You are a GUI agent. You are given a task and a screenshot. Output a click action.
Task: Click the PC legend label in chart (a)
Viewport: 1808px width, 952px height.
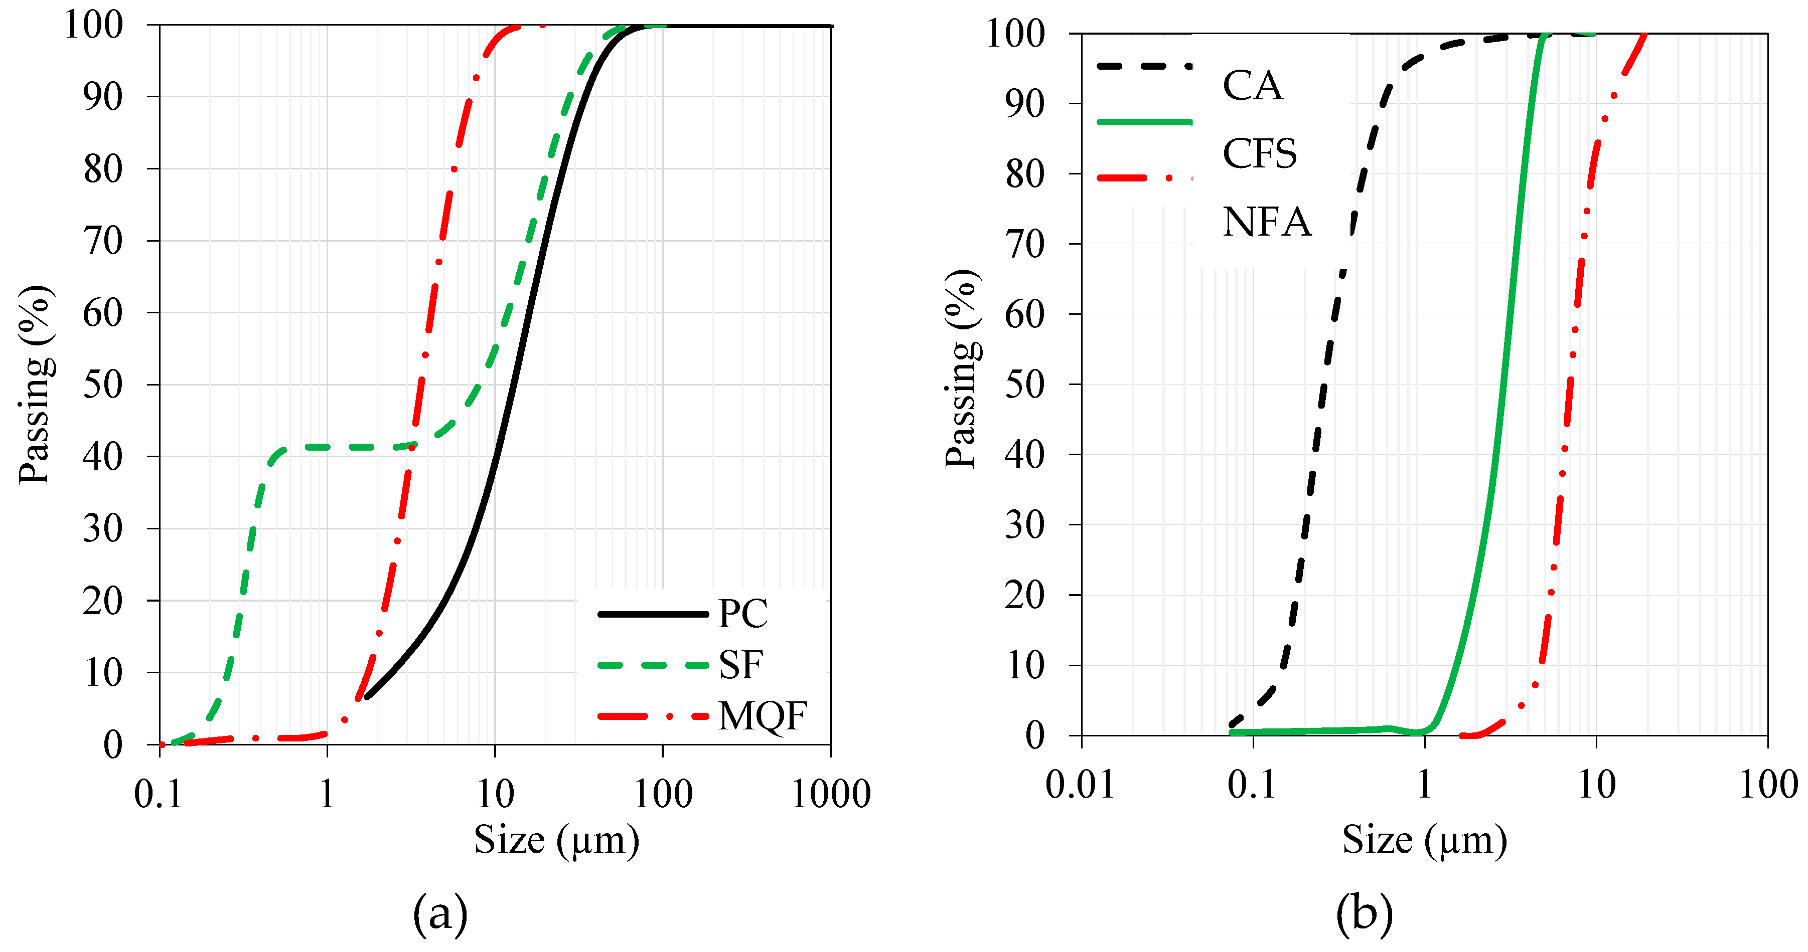742,614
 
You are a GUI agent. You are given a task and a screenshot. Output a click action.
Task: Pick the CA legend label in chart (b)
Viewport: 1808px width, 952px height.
1252,86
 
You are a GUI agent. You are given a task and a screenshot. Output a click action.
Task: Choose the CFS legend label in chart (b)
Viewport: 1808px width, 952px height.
1259,153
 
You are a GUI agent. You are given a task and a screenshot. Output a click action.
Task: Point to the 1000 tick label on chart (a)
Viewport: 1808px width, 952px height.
831,794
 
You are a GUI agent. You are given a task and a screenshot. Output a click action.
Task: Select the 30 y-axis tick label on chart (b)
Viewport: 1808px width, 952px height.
1025,525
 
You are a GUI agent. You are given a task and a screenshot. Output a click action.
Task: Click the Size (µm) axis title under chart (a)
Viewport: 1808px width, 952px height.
556,840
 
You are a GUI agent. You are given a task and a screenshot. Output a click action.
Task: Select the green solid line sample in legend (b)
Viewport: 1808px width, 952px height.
1144,122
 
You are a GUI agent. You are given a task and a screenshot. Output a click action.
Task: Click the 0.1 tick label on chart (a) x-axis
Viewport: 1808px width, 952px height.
158,794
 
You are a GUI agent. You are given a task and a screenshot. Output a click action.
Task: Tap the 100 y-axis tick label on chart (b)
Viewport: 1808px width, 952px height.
1015,34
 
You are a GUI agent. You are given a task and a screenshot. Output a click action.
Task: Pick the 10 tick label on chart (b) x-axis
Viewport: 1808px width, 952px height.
1596,785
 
